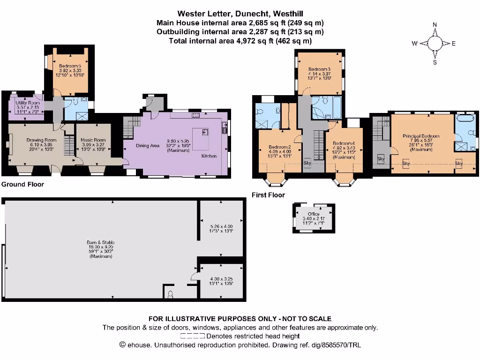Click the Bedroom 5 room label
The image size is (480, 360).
[69, 66]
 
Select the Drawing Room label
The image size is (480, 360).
[41, 140]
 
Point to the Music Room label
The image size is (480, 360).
[93, 140]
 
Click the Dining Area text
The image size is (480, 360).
[148, 146]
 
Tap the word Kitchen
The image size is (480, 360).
[209, 156]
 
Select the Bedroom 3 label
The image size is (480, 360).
[320, 69]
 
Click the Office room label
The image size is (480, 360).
[314, 214]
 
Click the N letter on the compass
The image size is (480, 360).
[435, 25]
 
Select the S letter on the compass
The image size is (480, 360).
[435, 62]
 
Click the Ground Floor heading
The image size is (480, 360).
[22, 184]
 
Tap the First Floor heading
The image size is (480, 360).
[268, 195]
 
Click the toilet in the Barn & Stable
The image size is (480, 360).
[170, 294]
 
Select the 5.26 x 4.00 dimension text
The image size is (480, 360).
[221, 226]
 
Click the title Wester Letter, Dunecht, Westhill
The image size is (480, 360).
[240, 14]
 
